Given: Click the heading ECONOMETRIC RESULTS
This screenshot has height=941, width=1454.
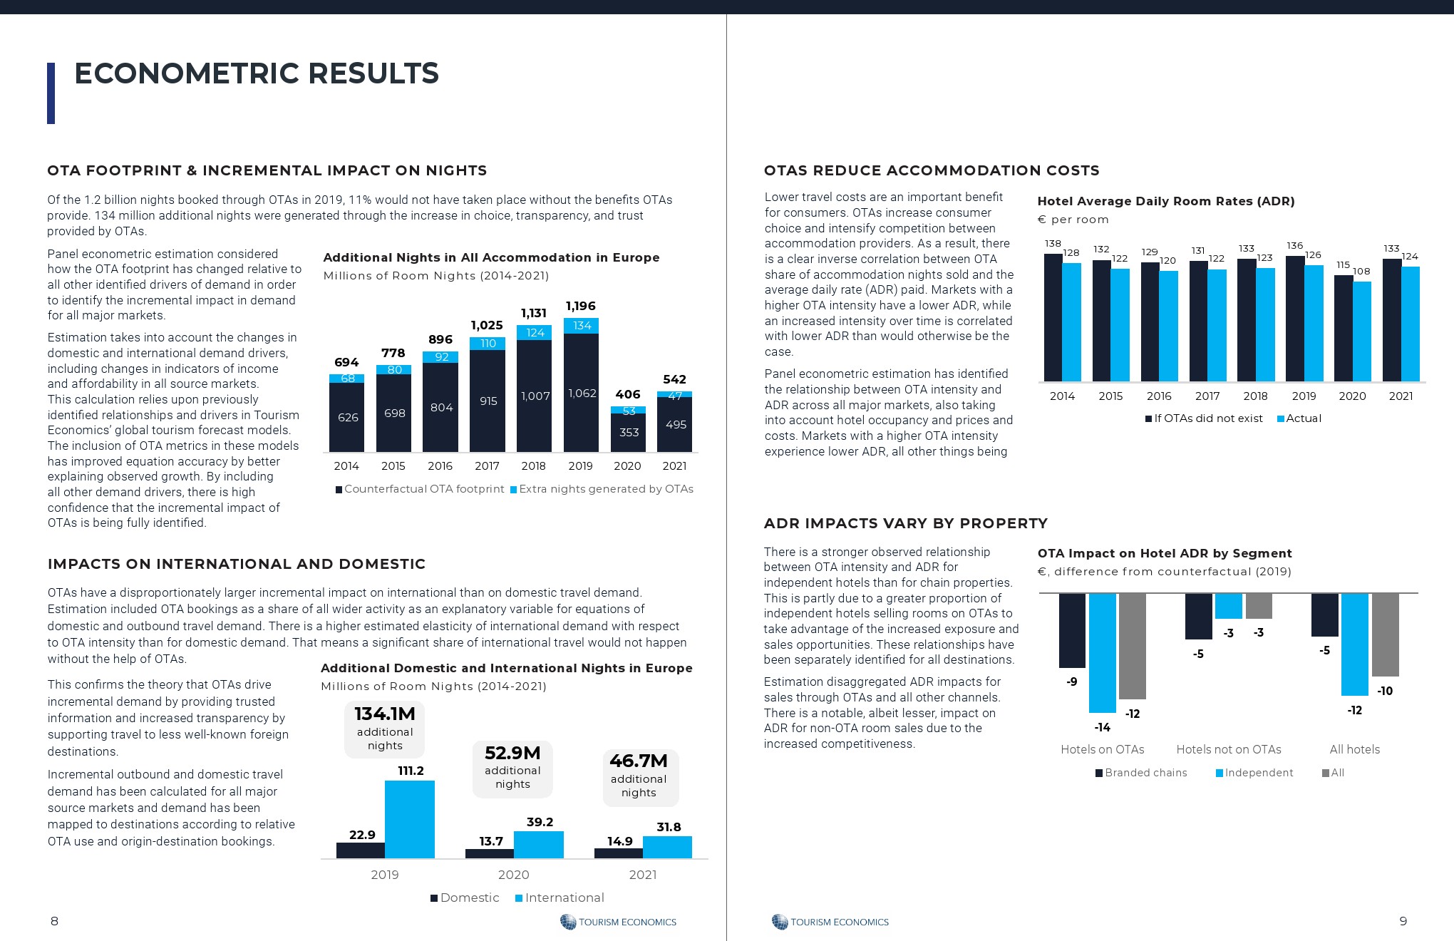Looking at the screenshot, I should tap(257, 73).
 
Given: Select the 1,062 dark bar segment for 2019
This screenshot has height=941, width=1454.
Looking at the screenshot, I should tap(581, 393).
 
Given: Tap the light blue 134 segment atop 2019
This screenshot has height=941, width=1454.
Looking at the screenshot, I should tap(581, 326).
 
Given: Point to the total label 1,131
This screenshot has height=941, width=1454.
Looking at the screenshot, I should tap(534, 313).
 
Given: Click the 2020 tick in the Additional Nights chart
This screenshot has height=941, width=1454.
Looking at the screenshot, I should tap(627, 466).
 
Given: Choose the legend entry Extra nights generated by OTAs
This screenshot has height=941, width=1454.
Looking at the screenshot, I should tap(602, 489).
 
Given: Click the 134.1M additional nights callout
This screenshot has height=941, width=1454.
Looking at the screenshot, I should tap(385, 729).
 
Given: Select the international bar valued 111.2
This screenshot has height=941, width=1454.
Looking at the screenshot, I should tap(410, 819).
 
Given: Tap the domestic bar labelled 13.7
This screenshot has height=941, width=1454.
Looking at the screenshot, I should tap(490, 853).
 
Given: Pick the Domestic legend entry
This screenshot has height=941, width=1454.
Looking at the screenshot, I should tap(465, 898).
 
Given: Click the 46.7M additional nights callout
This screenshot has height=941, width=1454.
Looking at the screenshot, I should tap(639, 777).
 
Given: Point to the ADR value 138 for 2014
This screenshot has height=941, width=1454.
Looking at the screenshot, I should tap(1053, 244).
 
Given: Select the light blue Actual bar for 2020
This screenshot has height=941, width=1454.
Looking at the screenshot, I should tap(1362, 331).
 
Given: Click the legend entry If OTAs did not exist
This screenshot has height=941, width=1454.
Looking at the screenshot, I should tap(1204, 418).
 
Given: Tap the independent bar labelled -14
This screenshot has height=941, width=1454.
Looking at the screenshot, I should tap(1103, 652).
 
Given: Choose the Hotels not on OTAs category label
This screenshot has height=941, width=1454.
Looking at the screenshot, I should tap(1229, 750).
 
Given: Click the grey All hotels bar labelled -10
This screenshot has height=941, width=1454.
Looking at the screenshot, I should tap(1385, 634).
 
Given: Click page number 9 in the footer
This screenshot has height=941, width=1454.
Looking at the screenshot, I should tap(1403, 921).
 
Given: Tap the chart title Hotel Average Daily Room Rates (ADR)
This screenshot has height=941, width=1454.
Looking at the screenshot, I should tap(1166, 201).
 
